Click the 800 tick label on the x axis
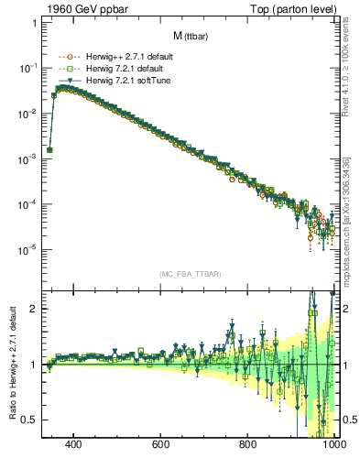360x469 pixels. tap(248, 446)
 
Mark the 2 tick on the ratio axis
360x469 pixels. tap(34, 309)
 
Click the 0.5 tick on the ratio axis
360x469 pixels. tap(30, 420)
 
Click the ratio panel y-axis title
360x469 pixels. tap(10, 364)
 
